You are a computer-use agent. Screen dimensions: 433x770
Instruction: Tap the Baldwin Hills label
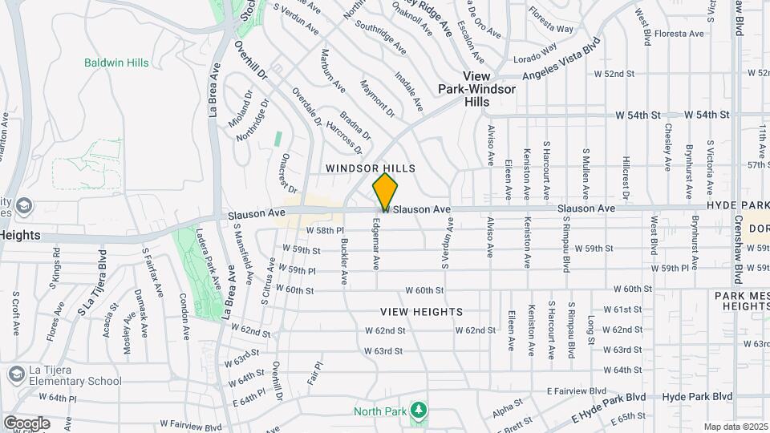116,63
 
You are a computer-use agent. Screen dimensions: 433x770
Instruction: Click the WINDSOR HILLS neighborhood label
370,168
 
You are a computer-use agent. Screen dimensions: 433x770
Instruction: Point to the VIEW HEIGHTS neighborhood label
421,311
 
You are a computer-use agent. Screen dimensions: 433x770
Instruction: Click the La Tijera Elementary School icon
16,374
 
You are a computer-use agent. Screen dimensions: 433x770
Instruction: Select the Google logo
26,423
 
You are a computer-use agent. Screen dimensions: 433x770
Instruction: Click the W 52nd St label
614,74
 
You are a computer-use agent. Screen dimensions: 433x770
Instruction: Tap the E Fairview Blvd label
576,391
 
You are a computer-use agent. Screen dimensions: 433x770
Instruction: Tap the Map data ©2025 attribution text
735,427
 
